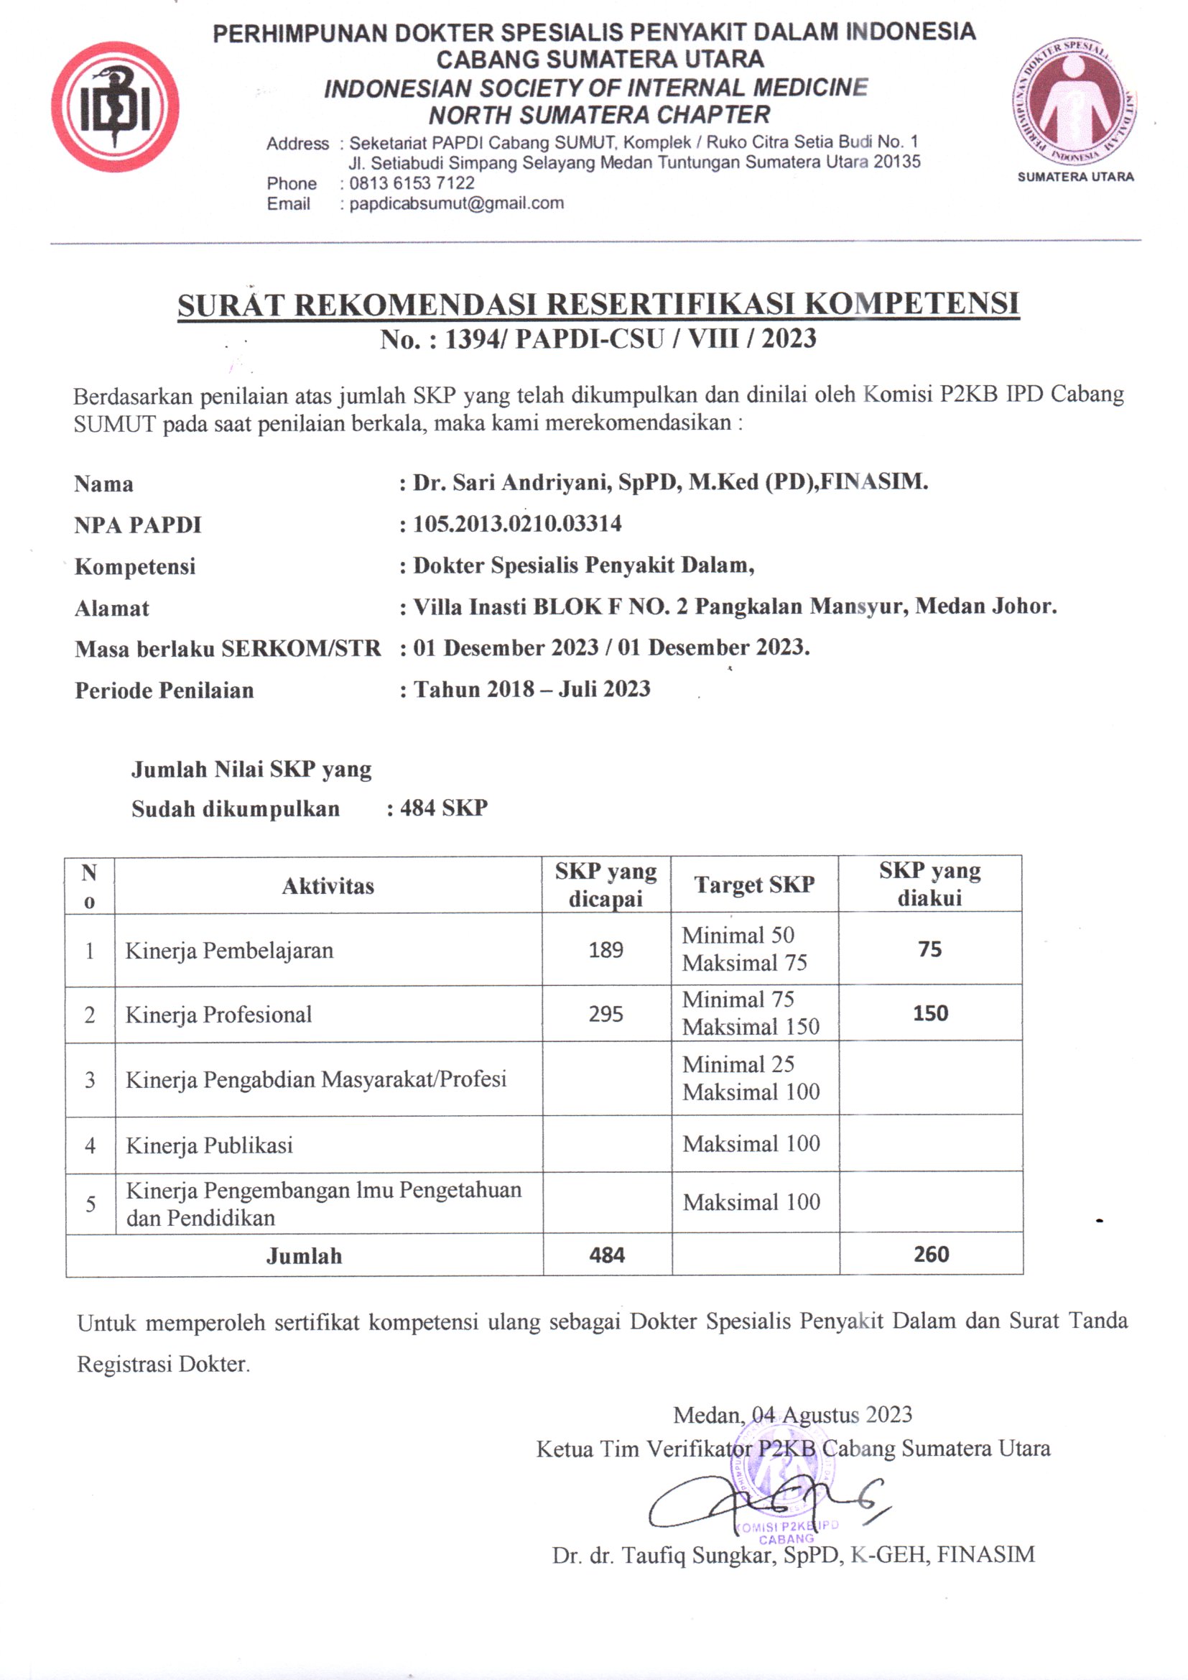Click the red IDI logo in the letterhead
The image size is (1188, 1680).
tap(115, 108)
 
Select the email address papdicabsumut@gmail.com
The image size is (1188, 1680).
tap(456, 203)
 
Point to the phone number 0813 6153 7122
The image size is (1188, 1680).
tap(411, 183)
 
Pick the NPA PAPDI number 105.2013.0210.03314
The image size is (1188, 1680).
tap(517, 524)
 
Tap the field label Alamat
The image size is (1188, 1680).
tap(112, 608)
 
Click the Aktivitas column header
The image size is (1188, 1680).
tap(328, 886)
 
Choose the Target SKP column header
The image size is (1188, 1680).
tap(754, 885)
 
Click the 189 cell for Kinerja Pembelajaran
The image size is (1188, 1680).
tap(605, 950)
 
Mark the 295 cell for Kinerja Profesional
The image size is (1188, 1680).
tap(605, 1014)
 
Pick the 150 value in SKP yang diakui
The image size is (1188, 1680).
tap(929, 1013)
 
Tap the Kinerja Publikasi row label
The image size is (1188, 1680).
tap(209, 1145)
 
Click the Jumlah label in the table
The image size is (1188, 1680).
tap(304, 1255)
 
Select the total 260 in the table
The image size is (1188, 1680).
tap(930, 1254)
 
